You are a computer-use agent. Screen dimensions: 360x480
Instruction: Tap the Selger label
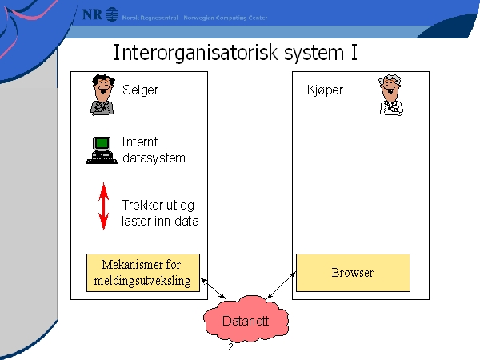pyautogui.click(x=141, y=90)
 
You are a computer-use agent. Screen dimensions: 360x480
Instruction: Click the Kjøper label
pyautogui.click(x=325, y=90)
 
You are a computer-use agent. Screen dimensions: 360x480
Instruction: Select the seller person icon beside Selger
pyautogui.click(x=102, y=96)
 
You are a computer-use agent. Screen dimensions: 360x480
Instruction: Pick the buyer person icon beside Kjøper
pyautogui.click(x=389, y=96)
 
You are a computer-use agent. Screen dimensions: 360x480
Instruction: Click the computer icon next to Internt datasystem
pyautogui.click(x=102, y=150)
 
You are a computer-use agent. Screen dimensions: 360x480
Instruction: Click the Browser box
pyautogui.click(x=353, y=273)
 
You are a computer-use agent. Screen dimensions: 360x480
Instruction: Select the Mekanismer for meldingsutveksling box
pyautogui.click(x=142, y=273)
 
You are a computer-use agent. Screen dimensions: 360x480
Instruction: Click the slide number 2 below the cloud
pyautogui.click(x=230, y=347)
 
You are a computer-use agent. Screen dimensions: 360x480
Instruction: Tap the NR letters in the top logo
pyautogui.click(x=93, y=14)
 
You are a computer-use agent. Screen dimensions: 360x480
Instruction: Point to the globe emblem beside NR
pyautogui.click(x=112, y=14)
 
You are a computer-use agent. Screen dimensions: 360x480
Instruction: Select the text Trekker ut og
pyautogui.click(x=158, y=205)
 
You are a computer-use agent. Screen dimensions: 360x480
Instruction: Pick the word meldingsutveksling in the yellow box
pyautogui.click(x=142, y=280)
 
